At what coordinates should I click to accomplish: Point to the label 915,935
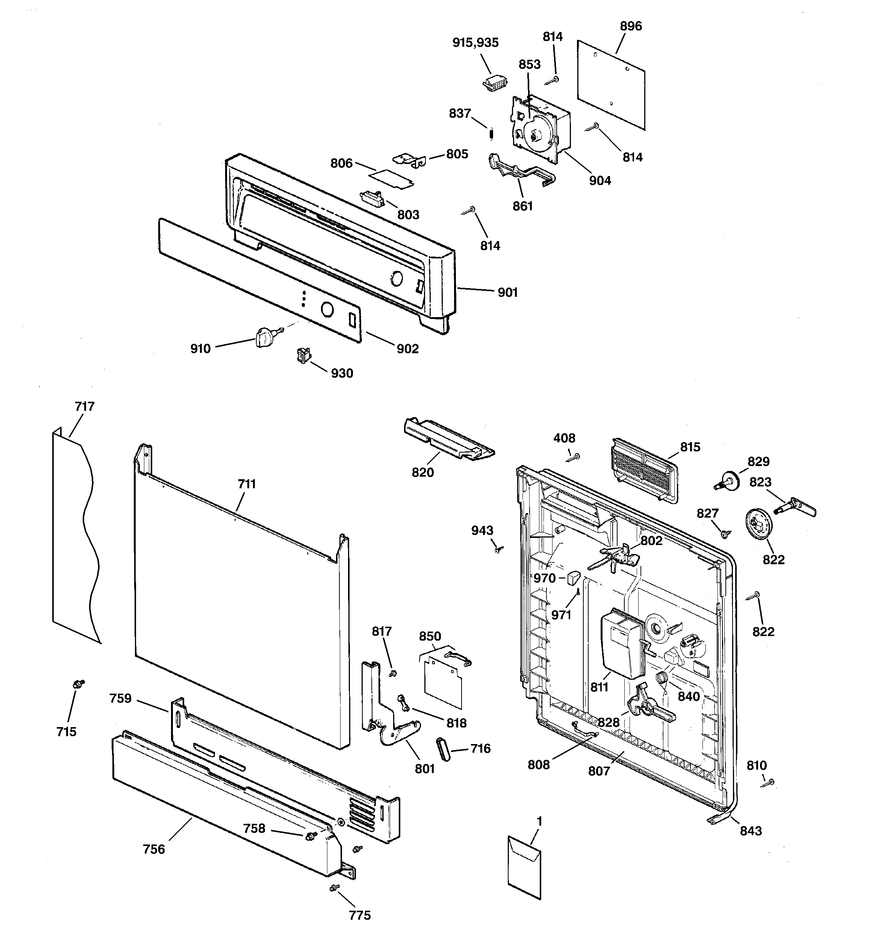tap(475, 43)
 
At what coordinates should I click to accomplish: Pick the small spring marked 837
tap(491, 134)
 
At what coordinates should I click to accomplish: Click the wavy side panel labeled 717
tap(75, 534)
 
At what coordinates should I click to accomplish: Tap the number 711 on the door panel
tap(247, 484)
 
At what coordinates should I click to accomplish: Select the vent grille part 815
tap(643, 471)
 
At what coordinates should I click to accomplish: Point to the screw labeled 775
tap(334, 887)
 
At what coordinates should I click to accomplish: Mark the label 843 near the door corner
tap(751, 831)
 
